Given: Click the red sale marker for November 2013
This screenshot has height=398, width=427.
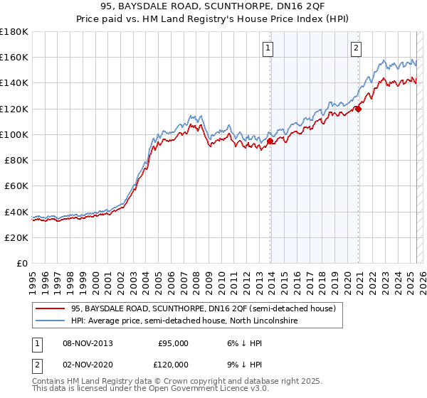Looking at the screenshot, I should [270, 141].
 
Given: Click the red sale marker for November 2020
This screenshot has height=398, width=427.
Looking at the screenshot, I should [359, 109].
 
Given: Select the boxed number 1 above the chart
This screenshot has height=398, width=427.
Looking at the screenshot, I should [268, 48].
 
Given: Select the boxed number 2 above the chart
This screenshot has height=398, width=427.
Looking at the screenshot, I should [356, 48].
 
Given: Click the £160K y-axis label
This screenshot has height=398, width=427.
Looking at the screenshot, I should [14, 57].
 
